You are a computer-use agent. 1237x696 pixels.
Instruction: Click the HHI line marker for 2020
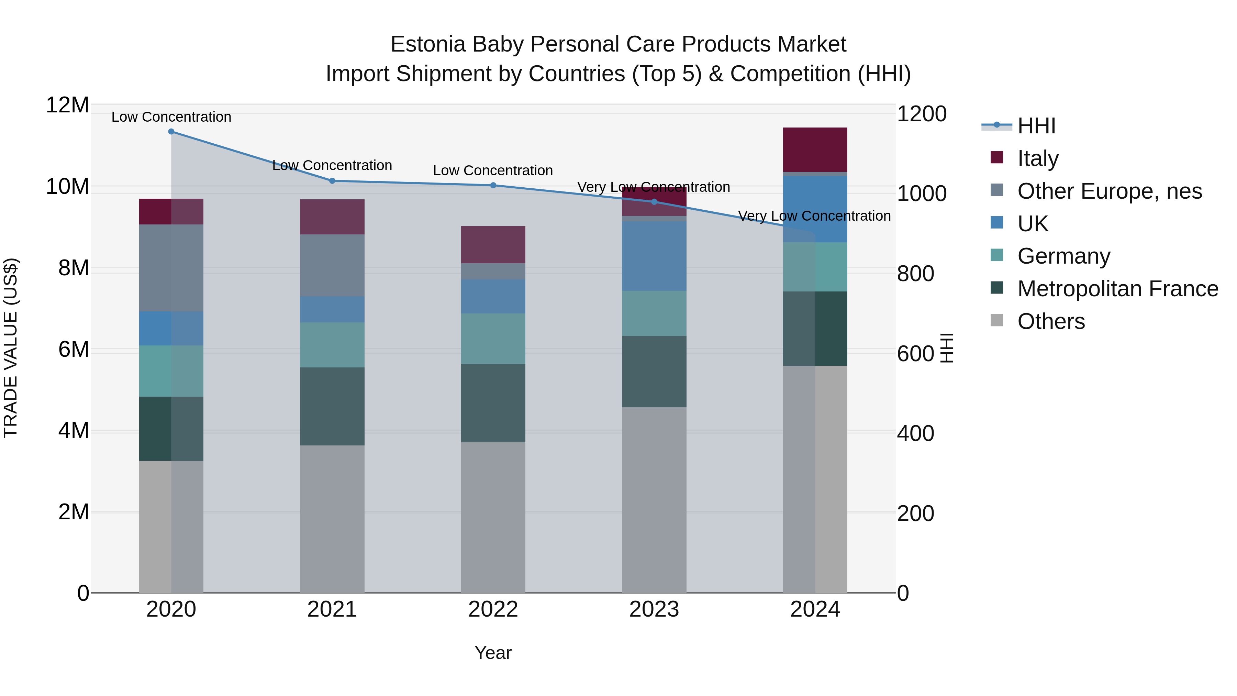click(x=171, y=131)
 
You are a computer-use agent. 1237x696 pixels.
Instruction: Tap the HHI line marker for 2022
click(x=493, y=185)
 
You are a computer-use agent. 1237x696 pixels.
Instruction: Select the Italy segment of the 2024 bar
click(x=815, y=150)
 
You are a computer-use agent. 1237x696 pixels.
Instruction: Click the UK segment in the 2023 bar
click(x=654, y=255)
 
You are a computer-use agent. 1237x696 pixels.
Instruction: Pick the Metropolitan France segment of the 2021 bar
click(x=332, y=406)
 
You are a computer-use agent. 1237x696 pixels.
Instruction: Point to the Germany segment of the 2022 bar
click(x=493, y=338)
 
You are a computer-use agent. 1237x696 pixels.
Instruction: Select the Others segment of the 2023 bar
click(x=654, y=499)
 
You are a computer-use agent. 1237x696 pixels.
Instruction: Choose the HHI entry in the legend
click(x=1036, y=126)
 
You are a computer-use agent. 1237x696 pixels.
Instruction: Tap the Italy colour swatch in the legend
click(x=997, y=157)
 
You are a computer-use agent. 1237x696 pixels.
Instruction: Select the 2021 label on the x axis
click(x=332, y=609)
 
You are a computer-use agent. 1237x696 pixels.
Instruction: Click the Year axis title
click(x=493, y=653)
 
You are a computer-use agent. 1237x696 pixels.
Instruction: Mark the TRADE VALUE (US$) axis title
click(x=11, y=348)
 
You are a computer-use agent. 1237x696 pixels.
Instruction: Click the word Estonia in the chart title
click(x=428, y=44)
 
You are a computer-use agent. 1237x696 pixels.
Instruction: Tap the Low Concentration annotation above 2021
click(x=332, y=165)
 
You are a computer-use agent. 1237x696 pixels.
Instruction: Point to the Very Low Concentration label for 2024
click(x=814, y=216)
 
